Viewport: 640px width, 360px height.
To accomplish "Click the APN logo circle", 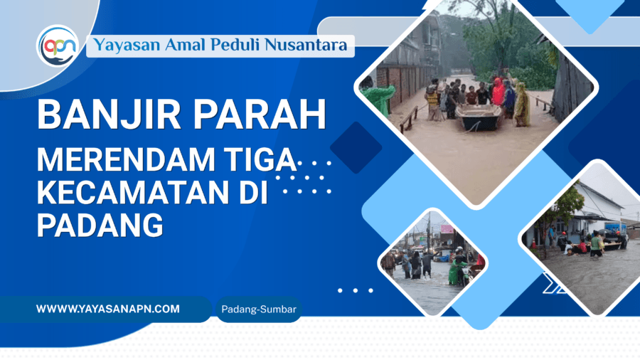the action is click(x=58, y=46).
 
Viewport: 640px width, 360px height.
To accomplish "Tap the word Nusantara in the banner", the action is click(x=306, y=45).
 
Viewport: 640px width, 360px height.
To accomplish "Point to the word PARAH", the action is click(x=260, y=115).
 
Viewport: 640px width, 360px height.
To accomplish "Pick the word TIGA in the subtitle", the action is click(x=261, y=159).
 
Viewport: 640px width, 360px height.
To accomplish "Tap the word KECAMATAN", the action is click(x=133, y=192).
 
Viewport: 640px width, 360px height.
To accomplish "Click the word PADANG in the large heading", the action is click(x=100, y=225).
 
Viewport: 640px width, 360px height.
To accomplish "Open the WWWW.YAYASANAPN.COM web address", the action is click(x=108, y=309).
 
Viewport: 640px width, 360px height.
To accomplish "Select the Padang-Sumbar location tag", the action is click(x=259, y=309).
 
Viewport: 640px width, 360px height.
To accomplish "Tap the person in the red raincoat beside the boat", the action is click(x=498, y=92).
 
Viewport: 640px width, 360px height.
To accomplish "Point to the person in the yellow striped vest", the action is click(x=433, y=100).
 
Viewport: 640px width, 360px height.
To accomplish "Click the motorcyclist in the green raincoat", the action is click(x=459, y=268).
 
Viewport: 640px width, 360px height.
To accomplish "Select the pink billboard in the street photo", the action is click(x=447, y=229).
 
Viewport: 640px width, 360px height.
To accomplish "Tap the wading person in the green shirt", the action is click(x=595, y=245).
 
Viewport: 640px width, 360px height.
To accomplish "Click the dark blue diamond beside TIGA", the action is click(x=356, y=147).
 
